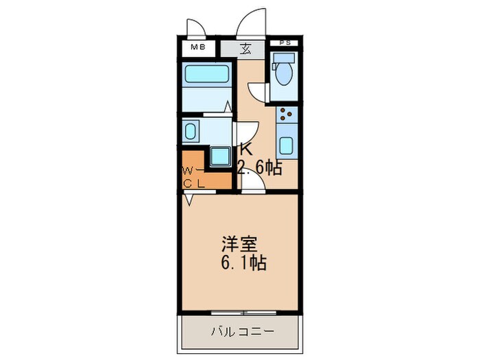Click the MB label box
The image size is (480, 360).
[x=198, y=48]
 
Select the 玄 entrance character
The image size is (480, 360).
[x=245, y=49]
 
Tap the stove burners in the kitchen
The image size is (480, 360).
[x=287, y=115]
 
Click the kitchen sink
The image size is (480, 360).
[x=287, y=145]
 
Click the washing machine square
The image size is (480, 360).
[x=220, y=156]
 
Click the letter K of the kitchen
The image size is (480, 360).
[x=245, y=148]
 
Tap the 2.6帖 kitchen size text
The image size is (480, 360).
[x=260, y=167]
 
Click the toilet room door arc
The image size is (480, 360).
[x=256, y=93]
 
